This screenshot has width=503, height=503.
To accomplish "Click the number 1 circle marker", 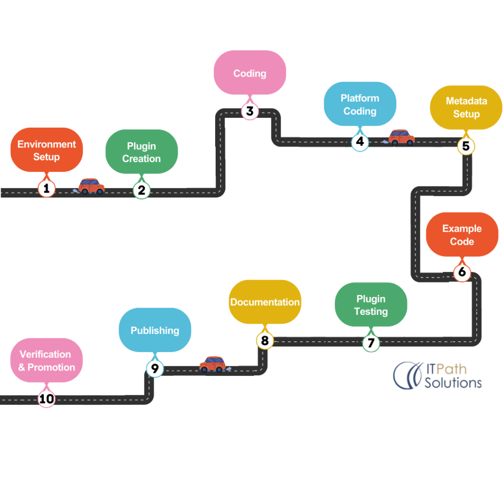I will click(x=46, y=189).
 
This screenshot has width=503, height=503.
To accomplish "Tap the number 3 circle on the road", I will click(x=250, y=111).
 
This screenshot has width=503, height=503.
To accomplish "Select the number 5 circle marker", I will click(x=466, y=146).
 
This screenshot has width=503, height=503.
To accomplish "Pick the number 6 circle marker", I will click(x=462, y=273).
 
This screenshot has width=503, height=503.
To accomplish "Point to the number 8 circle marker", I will click(x=265, y=340).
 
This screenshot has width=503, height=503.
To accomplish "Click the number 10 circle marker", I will click(x=47, y=399).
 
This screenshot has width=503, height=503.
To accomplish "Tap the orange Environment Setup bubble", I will click(x=47, y=150).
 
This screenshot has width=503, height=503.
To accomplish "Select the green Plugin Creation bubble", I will click(x=141, y=152).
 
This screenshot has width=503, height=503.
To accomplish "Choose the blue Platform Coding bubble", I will click(x=360, y=105).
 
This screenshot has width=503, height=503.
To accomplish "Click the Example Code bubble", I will click(x=462, y=235).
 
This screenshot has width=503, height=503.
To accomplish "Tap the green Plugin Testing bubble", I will click(x=371, y=305).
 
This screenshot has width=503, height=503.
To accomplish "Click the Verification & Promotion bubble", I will click(x=47, y=361).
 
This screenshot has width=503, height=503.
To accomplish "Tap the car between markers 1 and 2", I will click(x=91, y=186).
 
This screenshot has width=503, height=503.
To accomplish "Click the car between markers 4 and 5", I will click(x=401, y=137).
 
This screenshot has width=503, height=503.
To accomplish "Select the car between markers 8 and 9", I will click(x=212, y=364).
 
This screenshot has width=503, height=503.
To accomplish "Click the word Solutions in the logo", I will click(x=453, y=382).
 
